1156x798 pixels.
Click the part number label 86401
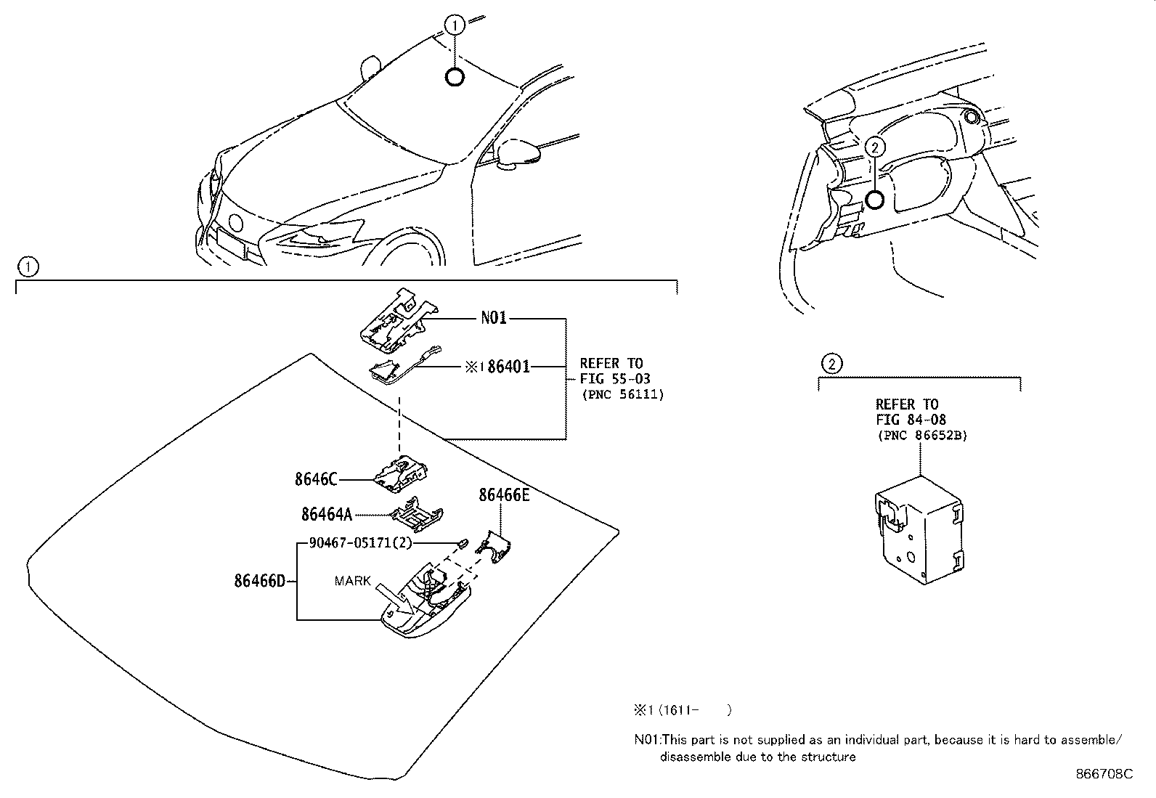pos(508,367)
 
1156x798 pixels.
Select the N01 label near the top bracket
pos(494,318)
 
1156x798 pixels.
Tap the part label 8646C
pos(316,479)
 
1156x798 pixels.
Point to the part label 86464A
pos(326,514)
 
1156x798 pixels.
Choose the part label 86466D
pos(260,581)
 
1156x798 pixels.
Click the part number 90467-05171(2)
pos(360,542)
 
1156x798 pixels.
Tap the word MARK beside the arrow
pos(353,580)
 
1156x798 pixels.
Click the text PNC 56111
pos(623,394)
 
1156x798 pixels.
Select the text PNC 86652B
pos(922,435)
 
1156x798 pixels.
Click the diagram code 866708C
pos(1104,774)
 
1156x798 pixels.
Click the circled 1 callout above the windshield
pos(455,26)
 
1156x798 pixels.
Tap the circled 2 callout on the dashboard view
pos(875,147)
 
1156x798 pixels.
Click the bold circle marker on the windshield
pos(455,77)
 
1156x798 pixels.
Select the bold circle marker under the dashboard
pos(875,200)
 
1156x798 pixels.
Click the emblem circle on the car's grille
pos(235,222)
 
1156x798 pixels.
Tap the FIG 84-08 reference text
pos(911,420)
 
